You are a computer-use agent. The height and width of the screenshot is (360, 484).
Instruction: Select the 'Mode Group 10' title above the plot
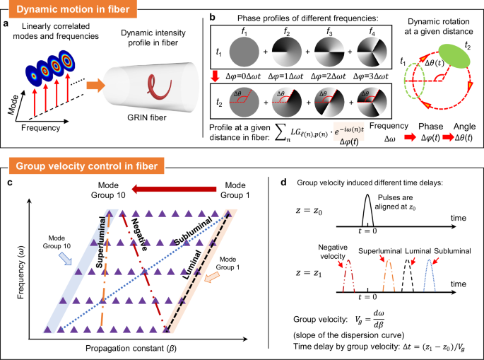pos(104,194)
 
